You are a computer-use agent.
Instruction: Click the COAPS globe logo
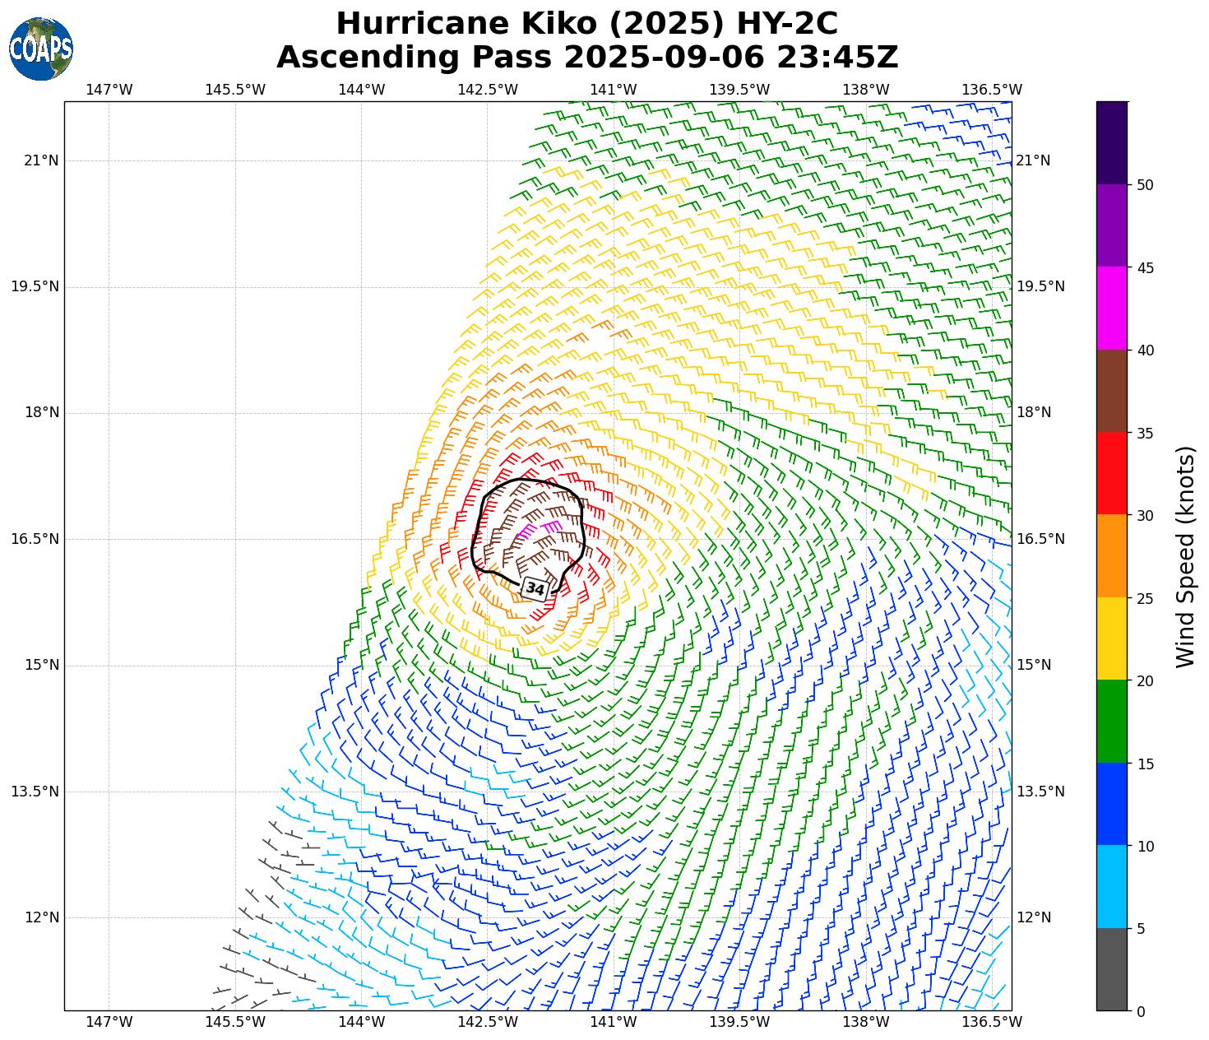coord(41,49)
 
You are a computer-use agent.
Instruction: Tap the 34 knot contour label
coord(535,589)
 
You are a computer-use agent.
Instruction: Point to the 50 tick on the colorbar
coord(1144,185)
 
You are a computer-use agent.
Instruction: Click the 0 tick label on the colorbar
coord(1140,1012)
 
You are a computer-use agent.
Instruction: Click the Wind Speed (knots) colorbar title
coord(1185,557)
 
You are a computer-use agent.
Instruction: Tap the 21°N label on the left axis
coord(41,160)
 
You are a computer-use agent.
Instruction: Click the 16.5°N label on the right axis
coord(1040,539)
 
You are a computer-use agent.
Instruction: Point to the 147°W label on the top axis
coord(109,90)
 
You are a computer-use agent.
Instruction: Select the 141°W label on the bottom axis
coord(614,1022)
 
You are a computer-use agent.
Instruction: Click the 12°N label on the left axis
coord(41,917)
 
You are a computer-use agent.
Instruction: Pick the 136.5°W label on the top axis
coord(991,90)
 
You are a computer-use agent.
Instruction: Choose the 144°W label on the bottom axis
coord(362,1022)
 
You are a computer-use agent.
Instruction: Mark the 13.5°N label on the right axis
coord(1040,792)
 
